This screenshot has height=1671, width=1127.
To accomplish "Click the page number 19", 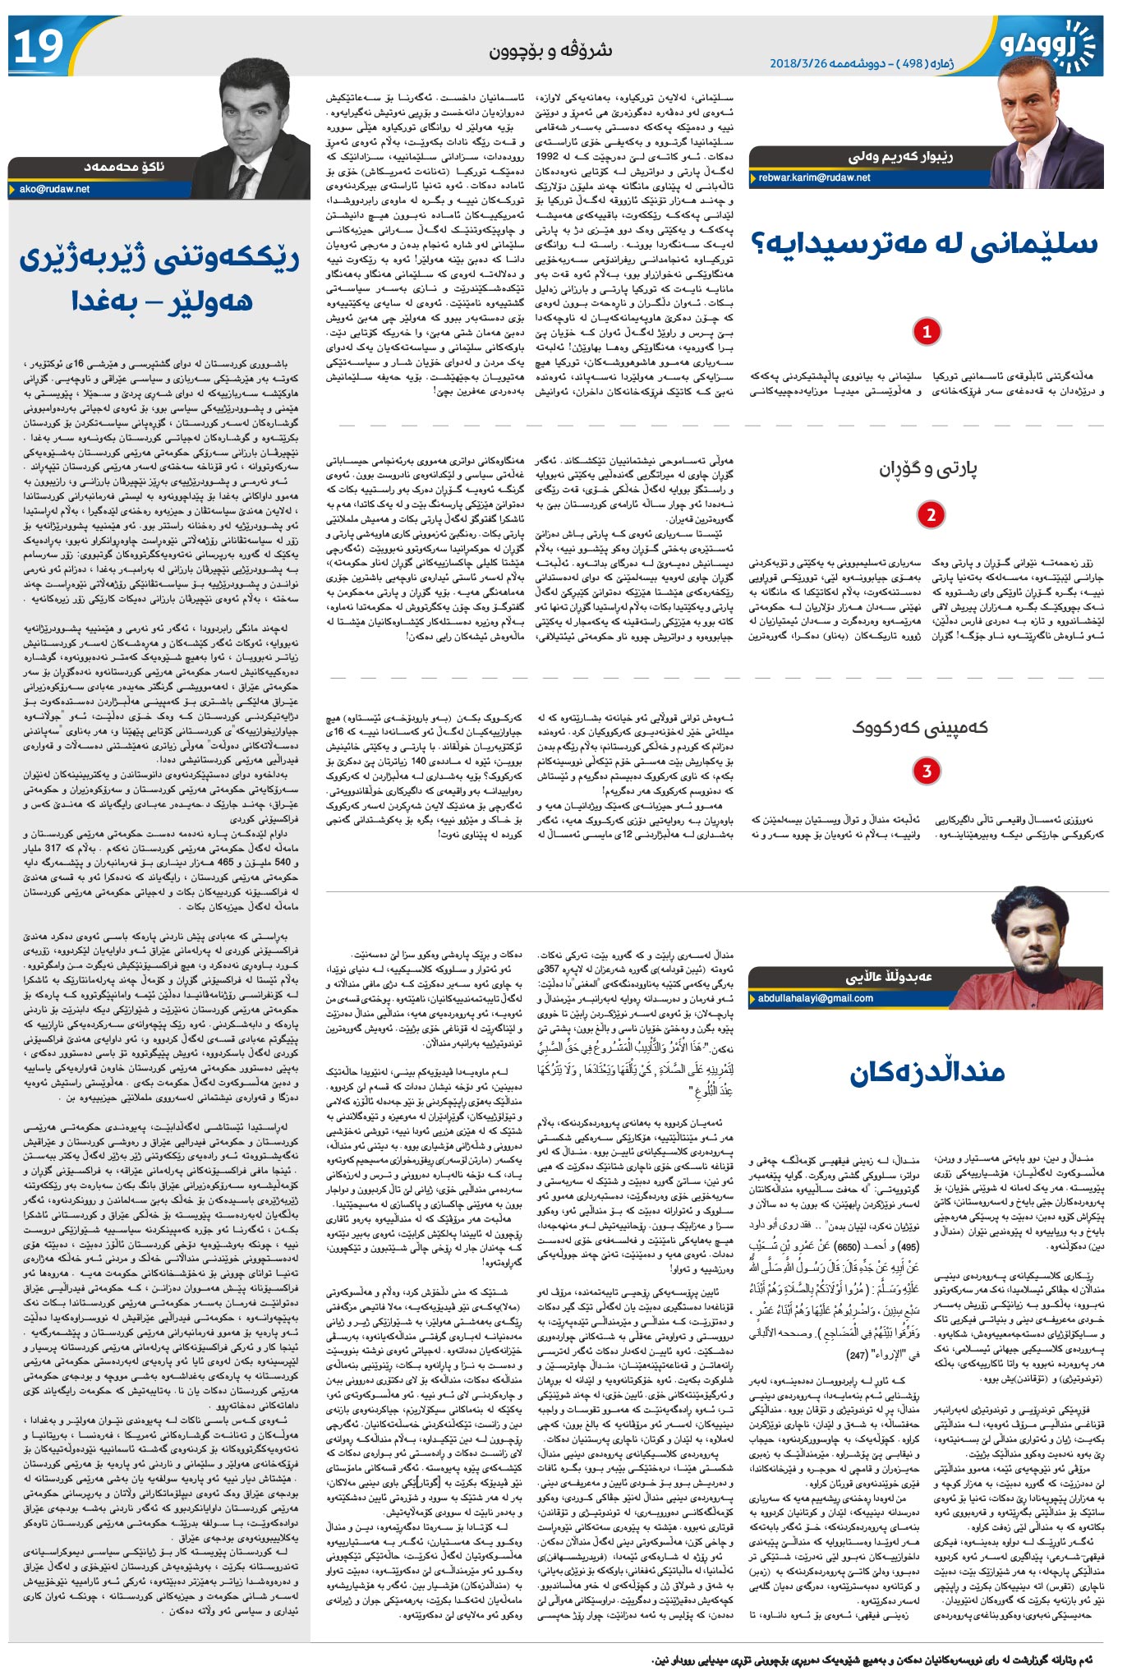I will (x=39, y=45).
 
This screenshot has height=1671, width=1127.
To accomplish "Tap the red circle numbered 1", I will (x=927, y=332).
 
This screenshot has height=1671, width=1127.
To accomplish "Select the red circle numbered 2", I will (x=931, y=515).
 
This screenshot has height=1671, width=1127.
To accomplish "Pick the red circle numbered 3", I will (x=927, y=771).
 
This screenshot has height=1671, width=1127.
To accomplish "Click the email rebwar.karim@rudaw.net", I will (x=814, y=177).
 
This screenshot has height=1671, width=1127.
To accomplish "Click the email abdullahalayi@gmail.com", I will (x=815, y=999).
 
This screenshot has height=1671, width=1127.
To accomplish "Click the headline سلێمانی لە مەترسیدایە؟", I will (x=926, y=244).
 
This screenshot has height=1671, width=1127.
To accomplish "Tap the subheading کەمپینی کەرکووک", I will (x=920, y=728).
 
